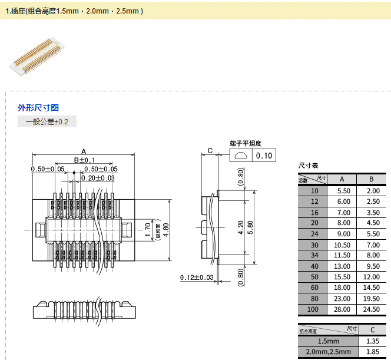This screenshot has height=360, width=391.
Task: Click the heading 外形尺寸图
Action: coord(38,108)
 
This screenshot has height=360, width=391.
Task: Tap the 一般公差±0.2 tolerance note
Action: coord(47,122)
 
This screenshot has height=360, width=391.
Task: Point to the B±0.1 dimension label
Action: coord(84,160)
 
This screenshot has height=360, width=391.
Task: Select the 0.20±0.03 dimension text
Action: coord(98,178)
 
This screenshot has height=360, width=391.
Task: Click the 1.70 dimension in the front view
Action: coord(148,227)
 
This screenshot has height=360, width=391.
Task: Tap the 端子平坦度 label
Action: coord(245,143)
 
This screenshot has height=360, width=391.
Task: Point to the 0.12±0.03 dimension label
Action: coord(197,278)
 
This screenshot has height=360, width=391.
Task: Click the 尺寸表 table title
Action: coord(309,166)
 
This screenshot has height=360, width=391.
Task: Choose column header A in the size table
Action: coord(343,179)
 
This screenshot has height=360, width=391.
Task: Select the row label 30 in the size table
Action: coord(314,245)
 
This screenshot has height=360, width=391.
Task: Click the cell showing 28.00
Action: coord(343,309)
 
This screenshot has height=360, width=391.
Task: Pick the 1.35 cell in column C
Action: coord(373,341)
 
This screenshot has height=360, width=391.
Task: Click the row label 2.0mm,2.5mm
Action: coord(328,352)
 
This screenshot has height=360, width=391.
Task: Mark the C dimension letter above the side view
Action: coord(210,150)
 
